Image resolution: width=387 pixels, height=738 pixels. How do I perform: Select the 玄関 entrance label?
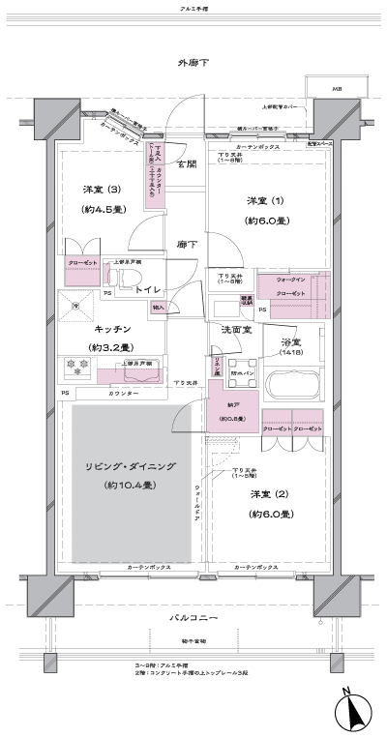pyautogui.click(x=186, y=164)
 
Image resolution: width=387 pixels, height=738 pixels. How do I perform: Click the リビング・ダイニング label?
pyautogui.click(x=127, y=466)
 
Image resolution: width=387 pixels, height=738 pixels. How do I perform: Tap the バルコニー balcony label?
pyautogui.click(x=194, y=618)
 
